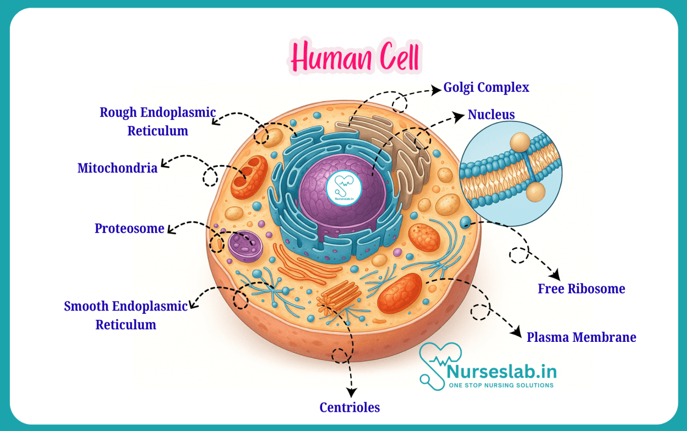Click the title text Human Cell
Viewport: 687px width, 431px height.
tap(355, 57)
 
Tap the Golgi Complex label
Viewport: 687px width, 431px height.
tap(486, 88)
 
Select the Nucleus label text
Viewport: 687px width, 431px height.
tap(491, 114)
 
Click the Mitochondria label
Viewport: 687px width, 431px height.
tap(117, 168)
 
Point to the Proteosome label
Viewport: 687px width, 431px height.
tap(129, 228)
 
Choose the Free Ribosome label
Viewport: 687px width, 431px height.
tap(581, 289)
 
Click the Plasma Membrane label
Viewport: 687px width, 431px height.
tap(581, 337)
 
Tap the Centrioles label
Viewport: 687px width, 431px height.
tap(350, 407)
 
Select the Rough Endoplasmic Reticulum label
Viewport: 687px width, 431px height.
tap(157, 122)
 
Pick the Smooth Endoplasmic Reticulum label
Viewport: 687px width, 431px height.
tap(126, 315)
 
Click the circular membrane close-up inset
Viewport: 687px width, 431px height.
tap(510, 173)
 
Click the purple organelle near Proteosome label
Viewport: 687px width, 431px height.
tap(246, 246)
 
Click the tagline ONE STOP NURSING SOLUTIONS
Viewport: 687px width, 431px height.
tap(501, 385)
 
